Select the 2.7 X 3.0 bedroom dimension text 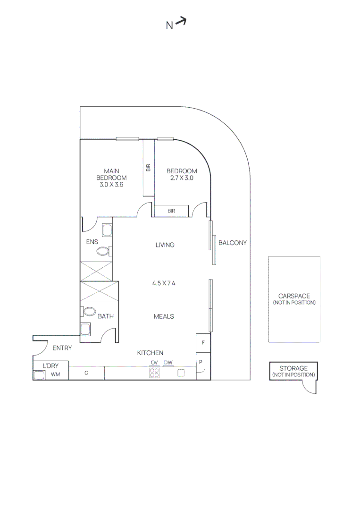click(x=182, y=178)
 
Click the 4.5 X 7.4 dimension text click(x=164, y=283)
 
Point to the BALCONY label click(x=232, y=243)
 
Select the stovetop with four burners click(x=154, y=373)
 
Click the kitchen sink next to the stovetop click(x=181, y=373)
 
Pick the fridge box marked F click(x=203, y=342)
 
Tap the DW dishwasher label click(x=168, y=363)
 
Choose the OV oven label click(x=154, y=363)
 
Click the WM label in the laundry click(x=56, y=375)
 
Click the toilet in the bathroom click(x=89, y=312)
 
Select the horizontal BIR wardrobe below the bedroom click(x=171, y=211)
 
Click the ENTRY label click(x=62, y=348)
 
